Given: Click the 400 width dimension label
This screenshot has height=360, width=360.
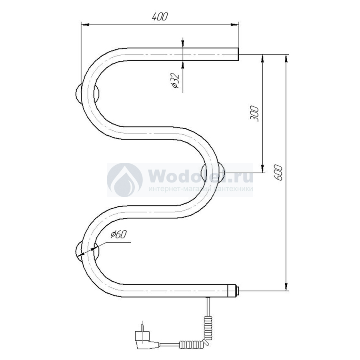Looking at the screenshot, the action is pyautogui.click(x=160, y=16).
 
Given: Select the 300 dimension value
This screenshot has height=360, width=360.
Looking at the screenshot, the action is pyautogui.click(x=254, y=114).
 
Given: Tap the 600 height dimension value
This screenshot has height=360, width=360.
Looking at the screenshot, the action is pyautogui.click(x=278, y=173).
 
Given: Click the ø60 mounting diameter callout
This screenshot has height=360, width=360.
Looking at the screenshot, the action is pyautogui.click(x=119, y=234).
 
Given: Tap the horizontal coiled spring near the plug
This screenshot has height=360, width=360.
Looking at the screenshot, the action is pyautogui.click(x=191, y=344).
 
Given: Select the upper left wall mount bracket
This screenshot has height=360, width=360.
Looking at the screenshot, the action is pyautogui.click(x=87, y=94).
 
